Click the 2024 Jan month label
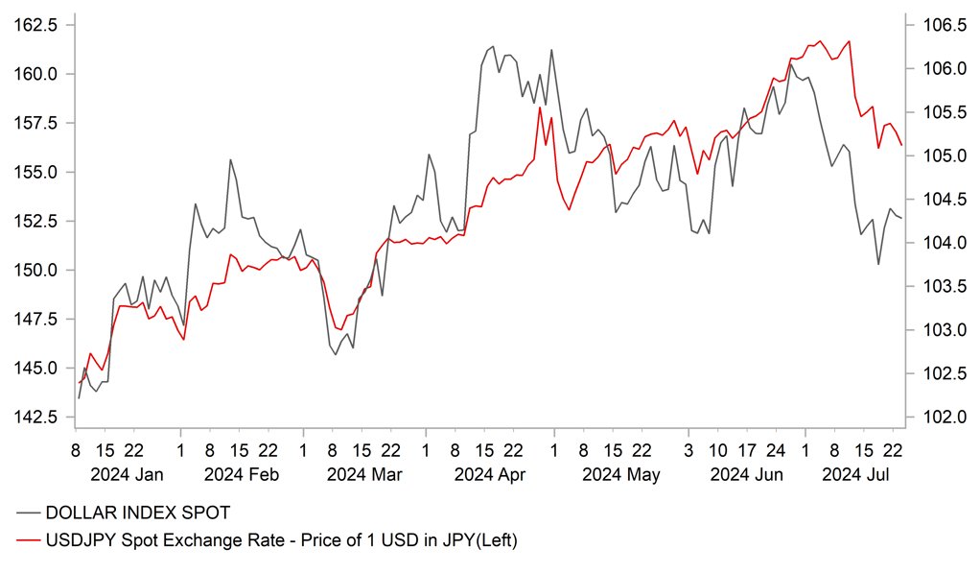pyautogui.click(x=127, y=474)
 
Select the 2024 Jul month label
pyautogui.click(x=849, y=474)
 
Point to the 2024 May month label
pyautogui.click(x=621, y=474)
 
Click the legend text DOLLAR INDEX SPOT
pyautogui.click(x=138, y=513)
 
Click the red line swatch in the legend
pyautogui.click(x=28, y=541)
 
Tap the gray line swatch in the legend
pyautogui.click(x=28, y=513)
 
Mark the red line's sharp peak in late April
pyautogui.click(x=540, y=107)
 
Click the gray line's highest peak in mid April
pyautogui.click(x=493, y=46)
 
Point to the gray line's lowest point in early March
pyautogui.click(x=336, y=354)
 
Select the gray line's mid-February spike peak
pyautogui.click(x=230, y=159)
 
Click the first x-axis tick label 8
pyautogui.click(x=74, y=449)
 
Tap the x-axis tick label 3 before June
pyautogui.click(x=688, y=449)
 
